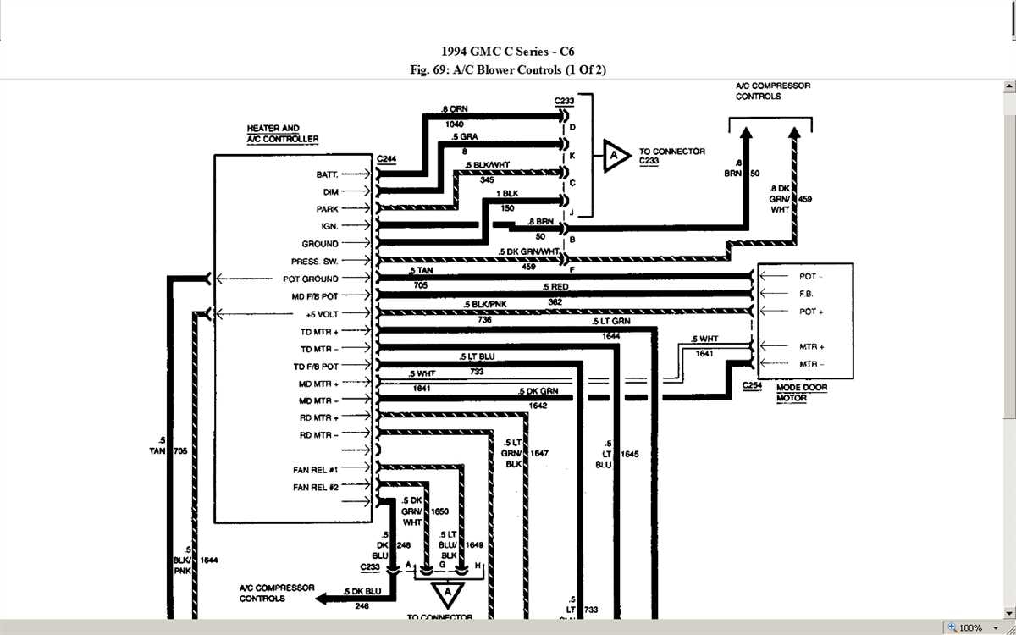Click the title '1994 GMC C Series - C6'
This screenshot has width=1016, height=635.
click(x=508, y=52)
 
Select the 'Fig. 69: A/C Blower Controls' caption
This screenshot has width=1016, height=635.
click(x=508, y=69)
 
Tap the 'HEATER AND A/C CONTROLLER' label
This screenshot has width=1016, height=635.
click(x=283, y=134)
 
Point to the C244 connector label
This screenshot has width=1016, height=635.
click(x=386, y=159)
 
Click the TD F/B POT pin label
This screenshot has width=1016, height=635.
click(x=318, y=367)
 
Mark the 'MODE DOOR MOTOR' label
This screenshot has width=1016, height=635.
click(x=801, y=392)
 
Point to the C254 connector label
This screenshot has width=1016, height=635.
click(x=752, y=386)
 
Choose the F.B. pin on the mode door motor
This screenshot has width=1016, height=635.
click(x=806, y=294)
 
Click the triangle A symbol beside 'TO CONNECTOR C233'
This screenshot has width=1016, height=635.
click(x=616, y=157)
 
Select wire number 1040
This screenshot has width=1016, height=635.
click(x=454, y=124)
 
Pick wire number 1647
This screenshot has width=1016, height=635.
click(x=539, y=454)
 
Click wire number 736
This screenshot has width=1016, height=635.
click(x=484, y=320)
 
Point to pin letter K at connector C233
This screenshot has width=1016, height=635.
click(x=573, y=157)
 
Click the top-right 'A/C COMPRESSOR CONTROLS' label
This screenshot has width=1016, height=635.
click(x=772, y=91)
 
